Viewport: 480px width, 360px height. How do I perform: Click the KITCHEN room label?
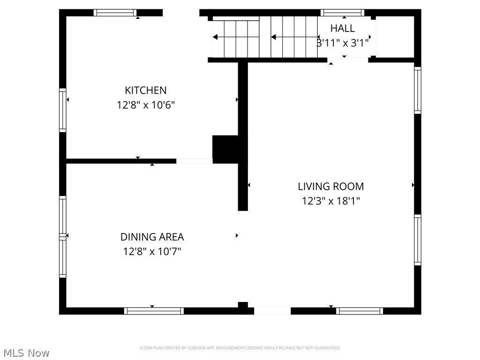(145, 90)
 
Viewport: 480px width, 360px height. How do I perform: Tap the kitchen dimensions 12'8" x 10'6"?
(145, 105)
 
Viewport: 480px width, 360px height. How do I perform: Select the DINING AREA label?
(152, 237)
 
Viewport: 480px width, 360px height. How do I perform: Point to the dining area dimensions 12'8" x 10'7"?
(152, 252)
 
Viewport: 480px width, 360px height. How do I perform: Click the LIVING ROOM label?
(331, 186)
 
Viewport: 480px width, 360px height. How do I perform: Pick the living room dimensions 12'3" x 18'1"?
(331, 201)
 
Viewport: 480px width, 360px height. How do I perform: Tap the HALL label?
(342, 28)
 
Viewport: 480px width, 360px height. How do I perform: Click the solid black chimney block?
(226, 148)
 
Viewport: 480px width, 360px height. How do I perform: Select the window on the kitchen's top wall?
(115, 13)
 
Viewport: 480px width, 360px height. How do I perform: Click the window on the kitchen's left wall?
(62, 110)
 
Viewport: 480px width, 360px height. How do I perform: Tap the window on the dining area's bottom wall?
(154, 311)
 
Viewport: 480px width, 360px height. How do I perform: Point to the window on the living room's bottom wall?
(360, 311)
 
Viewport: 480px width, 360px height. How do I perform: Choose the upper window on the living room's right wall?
(417, 90)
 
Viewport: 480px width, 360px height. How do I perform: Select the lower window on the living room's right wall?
(417, 240)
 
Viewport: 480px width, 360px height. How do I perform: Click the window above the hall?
(342, 13)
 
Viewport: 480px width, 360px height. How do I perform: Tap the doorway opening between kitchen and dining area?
(194, 161)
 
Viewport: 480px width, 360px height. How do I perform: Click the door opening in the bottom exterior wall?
(272, 311)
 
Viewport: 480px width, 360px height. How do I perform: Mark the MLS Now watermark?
(26, 352)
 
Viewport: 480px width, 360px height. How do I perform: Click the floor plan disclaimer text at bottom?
(240, 348)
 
